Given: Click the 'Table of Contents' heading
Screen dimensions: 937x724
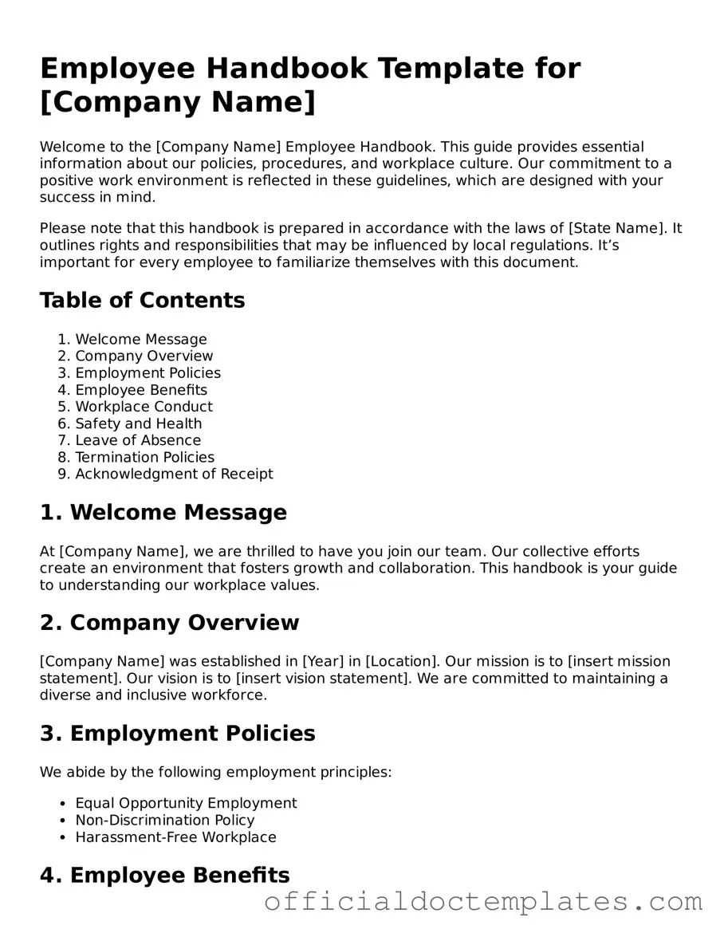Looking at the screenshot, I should (142, 301).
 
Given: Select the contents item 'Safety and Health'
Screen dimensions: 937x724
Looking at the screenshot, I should (138, 423).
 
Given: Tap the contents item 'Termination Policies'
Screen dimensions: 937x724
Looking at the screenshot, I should (144, 457).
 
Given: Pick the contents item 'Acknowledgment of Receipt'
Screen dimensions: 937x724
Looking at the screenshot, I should (174, 474).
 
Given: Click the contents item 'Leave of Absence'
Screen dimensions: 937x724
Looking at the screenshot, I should (138, 440).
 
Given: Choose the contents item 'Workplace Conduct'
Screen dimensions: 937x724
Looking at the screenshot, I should (144, 407).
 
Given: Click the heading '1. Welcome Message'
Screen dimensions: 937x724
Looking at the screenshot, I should (163, 513).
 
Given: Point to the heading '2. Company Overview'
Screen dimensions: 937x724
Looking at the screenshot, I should (169, 623).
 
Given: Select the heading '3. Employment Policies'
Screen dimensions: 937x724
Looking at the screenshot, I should (177, 734).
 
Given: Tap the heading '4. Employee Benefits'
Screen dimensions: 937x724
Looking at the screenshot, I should (164, 876).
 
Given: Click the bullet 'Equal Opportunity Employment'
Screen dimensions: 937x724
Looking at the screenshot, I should (186, 803).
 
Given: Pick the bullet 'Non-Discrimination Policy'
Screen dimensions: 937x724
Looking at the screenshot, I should (165, 820).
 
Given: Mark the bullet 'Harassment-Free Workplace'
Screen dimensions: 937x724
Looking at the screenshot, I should (175, 837).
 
